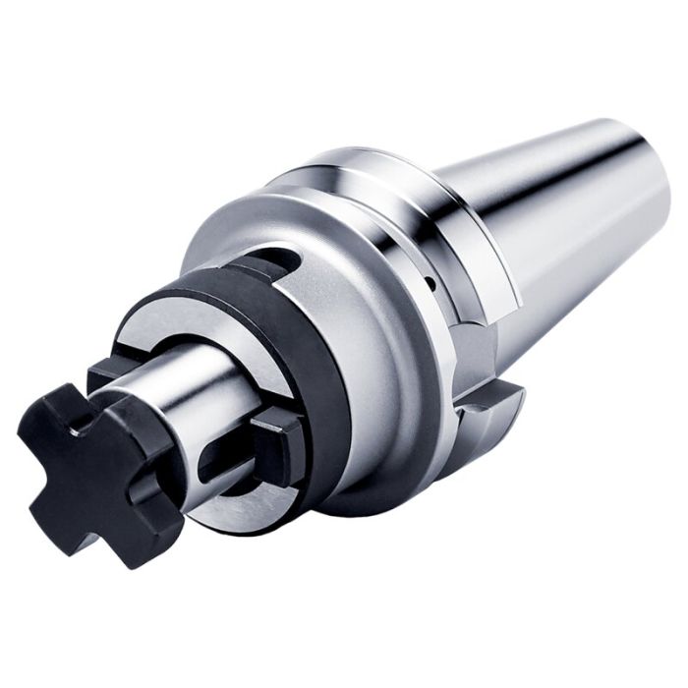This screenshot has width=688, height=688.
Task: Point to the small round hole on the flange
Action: click(430, 283)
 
